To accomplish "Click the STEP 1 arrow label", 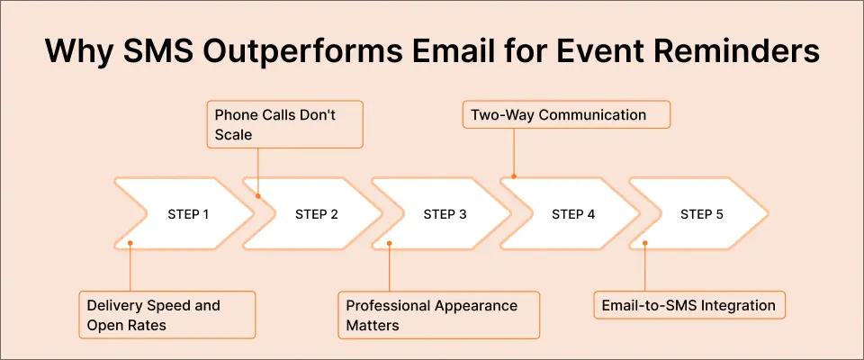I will click(188, 214).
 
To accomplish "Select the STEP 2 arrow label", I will click(317, 214).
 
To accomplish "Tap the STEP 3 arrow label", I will click(445, 214).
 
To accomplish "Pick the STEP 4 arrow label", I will click(573, 214).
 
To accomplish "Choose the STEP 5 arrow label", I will click(701, 214).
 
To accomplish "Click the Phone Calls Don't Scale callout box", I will click(284, 125).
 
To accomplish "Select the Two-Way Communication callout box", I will click(568, 115).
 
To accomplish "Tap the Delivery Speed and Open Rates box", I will click(166, 314).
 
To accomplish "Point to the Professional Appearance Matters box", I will click(438, 314).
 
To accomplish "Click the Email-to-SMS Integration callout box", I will click(688, 305).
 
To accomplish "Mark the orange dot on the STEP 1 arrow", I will click(130, 243).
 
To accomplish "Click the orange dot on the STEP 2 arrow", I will click(258, 195).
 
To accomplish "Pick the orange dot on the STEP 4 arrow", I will click(514, 176).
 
